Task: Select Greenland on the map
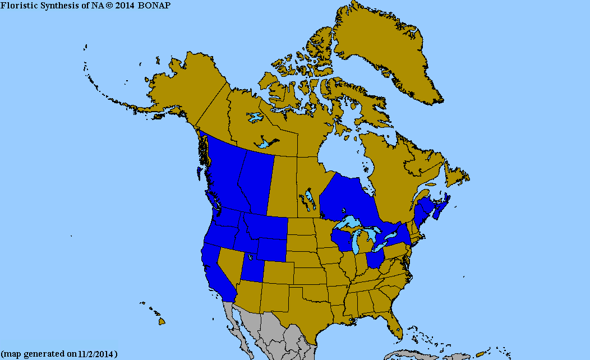click(387, 50)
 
